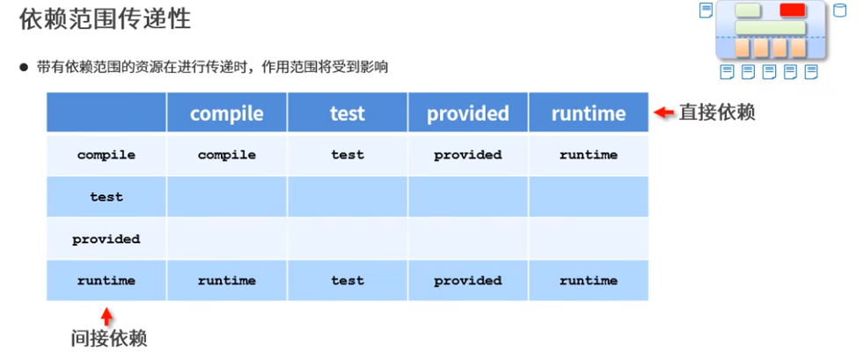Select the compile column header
coord(226,114)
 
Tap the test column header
coord(347,114)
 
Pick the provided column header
coord(468,114)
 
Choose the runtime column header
coord(589,114)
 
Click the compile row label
coord(106,155)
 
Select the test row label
coord(106,197)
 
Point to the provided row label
coord(106,239)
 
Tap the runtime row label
coord(106,281)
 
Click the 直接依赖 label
coord(717,113)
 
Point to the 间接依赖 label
coord(108,337)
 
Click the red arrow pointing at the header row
coord(664,113)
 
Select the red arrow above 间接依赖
coord(106,314)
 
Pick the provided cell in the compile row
coord(468,155)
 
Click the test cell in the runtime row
coord(347,281)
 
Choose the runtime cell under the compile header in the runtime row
coord(226,281)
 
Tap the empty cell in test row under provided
coord(468,197)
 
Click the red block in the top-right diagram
coord(793,11)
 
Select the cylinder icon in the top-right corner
coord(839,11)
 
